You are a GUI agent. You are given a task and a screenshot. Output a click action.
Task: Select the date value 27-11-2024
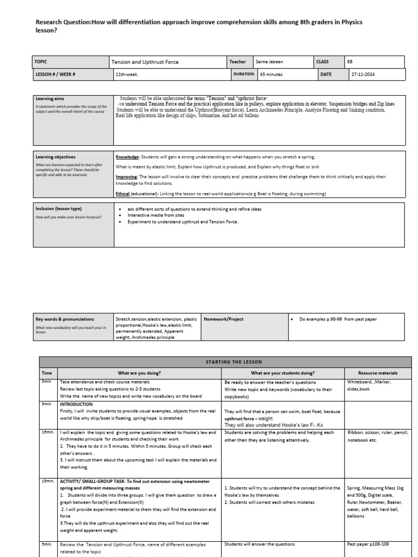[x=363, y=75]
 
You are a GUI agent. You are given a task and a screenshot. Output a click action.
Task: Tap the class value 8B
[x=350, y=62]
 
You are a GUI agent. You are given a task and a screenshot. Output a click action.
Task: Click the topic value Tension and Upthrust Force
[x=139, y=62]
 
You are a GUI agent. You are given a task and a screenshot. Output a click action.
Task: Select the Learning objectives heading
[x=56, y=157]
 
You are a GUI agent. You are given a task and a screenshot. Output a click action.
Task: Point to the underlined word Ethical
[x=123, y=194]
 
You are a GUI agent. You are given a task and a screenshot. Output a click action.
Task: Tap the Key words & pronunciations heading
[x=65, y=319]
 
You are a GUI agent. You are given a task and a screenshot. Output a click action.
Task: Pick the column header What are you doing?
[x=139, y=373]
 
